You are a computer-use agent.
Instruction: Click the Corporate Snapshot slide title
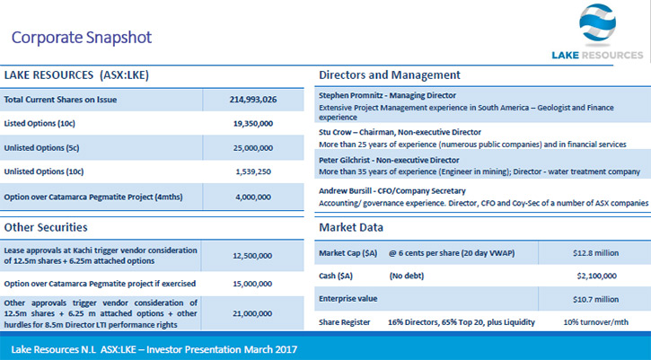pyautogui.click(x=82, y=38)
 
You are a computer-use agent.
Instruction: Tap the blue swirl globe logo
pyautogui.click(x=597, y=23)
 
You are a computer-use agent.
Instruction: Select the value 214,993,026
pyautogui.click(x=253, y=100)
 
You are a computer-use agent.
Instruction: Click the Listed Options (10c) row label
pyautogui.click(x=40, y=124)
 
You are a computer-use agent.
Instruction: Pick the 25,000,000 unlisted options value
pyautogui.click(x=253, y=148)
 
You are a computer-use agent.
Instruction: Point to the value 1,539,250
pyautogui.click(x=253, y=171)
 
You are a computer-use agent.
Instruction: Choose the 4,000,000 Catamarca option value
pyautogui.click(x=253, y=198)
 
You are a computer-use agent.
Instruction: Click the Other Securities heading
pyautogui.click(x=46, y=227)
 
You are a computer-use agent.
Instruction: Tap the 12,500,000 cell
pyautogui.click(x=252, y=256)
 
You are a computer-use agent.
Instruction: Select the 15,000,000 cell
pyautogui.click(x=252, y=284)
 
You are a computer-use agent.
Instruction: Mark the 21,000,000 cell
pyautogui.click(x=252, y=313)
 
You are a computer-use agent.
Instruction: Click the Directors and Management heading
pyautogui.click(x=390, y=75)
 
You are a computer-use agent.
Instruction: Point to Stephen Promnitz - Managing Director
pyautogui.click(x=387, y=95)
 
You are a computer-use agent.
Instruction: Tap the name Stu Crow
pyautogui.click(x=335, y=133)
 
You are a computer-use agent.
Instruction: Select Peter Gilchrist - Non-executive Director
pyautogui.click(x=389, y=161)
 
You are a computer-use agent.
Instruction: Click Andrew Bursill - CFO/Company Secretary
pyautogui.click(x=391, y=191)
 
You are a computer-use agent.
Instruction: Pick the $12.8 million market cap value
pyautogui.click(x=596, y=253)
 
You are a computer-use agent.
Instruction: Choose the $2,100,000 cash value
pyautogui.click(x=596, y=277)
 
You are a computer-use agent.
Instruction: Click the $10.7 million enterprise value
pyautogui.click(x=596, y=299)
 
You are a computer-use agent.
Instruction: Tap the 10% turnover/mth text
pyautogui.click(x=596, y=322)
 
